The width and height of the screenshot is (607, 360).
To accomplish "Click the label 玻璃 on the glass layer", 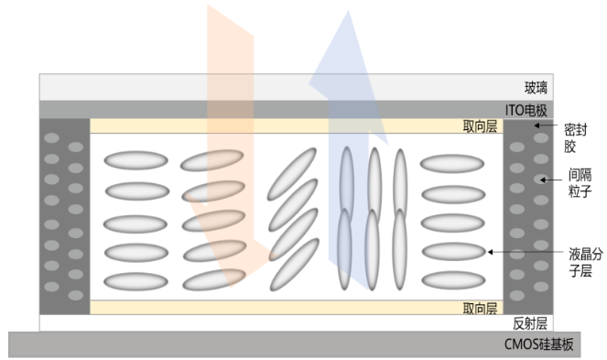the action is (536, 88).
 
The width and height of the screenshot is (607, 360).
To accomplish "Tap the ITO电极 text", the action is (526, 111).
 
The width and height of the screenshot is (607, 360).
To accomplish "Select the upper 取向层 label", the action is (480, 126).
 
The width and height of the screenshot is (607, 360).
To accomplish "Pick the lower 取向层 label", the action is (480, 309).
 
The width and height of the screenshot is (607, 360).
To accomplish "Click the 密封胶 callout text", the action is (575, 138).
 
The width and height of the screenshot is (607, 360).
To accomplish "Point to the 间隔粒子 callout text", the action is (580, 183).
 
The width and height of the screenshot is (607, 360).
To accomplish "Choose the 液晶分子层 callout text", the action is (585, 262).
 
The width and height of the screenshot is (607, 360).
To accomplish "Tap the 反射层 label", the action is (530, 323).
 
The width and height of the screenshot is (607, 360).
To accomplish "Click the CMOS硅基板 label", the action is (538, 344).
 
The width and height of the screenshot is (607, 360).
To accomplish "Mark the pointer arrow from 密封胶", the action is (546, 125).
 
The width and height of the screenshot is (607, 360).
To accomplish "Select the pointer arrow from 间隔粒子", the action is (551, 180).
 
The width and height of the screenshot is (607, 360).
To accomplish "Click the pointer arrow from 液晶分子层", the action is (526, 252).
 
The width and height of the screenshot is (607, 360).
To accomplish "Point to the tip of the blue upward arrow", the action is (348, 10).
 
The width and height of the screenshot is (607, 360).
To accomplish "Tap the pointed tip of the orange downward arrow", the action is (231, 288).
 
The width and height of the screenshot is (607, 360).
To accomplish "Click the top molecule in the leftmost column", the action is (135, 160).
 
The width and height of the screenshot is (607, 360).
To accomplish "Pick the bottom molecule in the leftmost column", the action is (135, 281).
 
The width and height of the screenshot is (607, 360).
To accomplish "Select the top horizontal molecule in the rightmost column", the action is (452, 164).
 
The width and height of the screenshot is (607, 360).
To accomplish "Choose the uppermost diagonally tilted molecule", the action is (291, 174).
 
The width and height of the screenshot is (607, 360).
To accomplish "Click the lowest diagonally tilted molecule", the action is (294, 265).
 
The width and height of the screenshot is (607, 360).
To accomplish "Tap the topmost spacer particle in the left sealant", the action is (51, 138).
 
